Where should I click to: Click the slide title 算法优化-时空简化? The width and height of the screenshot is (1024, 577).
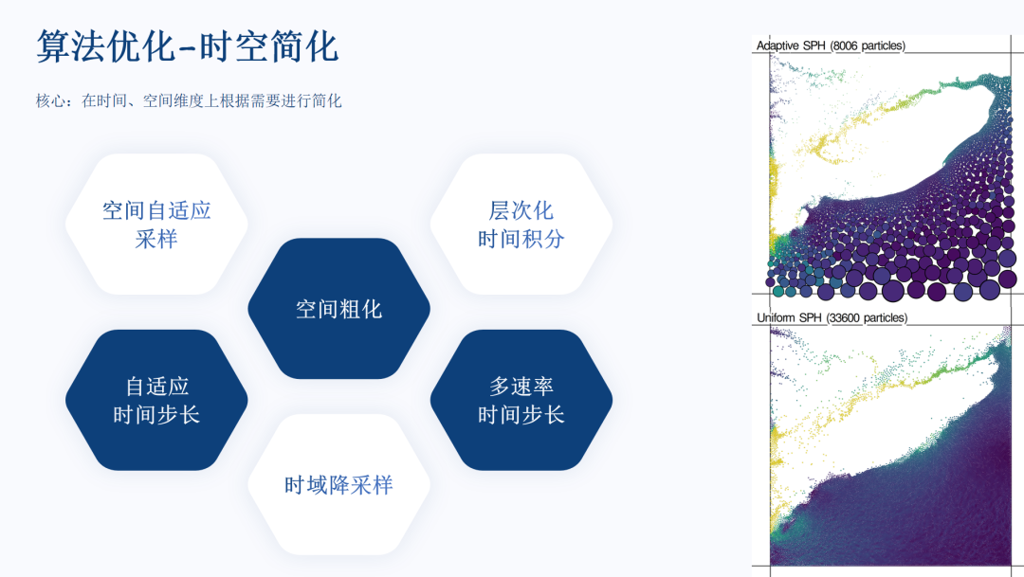tap(188, 47)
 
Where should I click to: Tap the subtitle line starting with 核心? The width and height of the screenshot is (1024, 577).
tap(189, 100)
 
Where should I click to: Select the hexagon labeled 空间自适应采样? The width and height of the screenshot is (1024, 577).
tap(156, 224)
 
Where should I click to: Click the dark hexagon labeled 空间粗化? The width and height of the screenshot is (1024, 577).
tap(338, 309)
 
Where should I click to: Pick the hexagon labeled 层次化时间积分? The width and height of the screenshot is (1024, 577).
tap(521, 224)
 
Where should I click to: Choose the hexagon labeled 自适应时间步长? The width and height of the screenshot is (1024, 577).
tap(156, 400)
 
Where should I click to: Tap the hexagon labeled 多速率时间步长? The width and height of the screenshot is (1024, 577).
tap(521, 400)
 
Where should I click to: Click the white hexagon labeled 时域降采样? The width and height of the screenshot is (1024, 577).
tap(338, 485)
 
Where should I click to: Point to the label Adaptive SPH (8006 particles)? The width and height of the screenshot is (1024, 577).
tap(831, 45)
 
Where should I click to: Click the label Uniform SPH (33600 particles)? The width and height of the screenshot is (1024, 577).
tap(832, 318)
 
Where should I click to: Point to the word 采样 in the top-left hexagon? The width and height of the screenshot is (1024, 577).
tap(156, 239)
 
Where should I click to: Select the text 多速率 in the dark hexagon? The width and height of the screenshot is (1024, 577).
tap(521, 387)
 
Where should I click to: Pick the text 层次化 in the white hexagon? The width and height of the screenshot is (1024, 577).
tap(521, 210)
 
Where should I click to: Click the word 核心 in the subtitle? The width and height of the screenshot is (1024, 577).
tap(50, 100)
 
